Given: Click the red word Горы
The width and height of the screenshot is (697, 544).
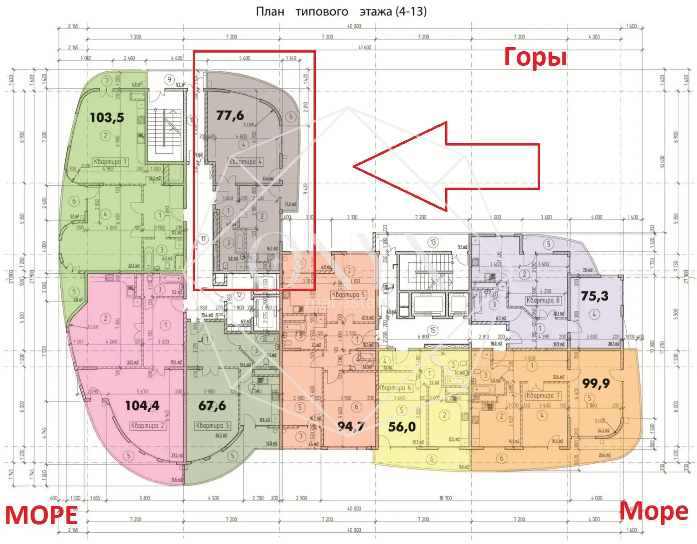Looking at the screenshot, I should pos(535,58).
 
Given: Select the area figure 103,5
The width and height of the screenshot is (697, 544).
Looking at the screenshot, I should pos(107,118).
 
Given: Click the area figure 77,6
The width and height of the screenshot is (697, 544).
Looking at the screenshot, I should pos(230,116).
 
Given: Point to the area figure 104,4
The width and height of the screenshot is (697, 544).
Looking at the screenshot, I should pos(142,405).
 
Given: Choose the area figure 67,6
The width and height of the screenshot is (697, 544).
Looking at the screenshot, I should pos(212,406).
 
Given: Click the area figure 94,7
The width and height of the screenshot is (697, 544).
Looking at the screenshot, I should pos(351,426).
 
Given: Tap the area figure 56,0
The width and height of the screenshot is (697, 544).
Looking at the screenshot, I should pos(402,427).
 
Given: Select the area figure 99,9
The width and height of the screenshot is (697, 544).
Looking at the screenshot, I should pos(596,384).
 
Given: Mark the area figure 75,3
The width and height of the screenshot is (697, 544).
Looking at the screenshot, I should pos(594,296).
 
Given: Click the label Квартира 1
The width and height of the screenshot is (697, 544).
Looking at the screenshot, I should pos(110,161).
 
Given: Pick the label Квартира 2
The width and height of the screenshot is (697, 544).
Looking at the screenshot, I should pos(147,426).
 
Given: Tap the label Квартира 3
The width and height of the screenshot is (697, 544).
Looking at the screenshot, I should pos(213,426).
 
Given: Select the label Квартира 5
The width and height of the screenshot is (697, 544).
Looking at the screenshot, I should pos(348,295).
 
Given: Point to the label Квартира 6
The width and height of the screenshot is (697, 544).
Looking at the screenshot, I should pos(394,388).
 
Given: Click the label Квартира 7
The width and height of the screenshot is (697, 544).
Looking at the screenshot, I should pos(543,395).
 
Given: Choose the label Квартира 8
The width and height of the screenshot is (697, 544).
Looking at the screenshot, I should pos(543,300).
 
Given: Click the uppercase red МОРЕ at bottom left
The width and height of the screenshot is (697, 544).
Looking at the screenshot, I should pos(41,516).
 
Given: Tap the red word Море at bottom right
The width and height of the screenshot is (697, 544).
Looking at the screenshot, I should pos(653,511).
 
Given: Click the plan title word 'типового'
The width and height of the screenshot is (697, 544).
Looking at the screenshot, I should pos(322,12).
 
